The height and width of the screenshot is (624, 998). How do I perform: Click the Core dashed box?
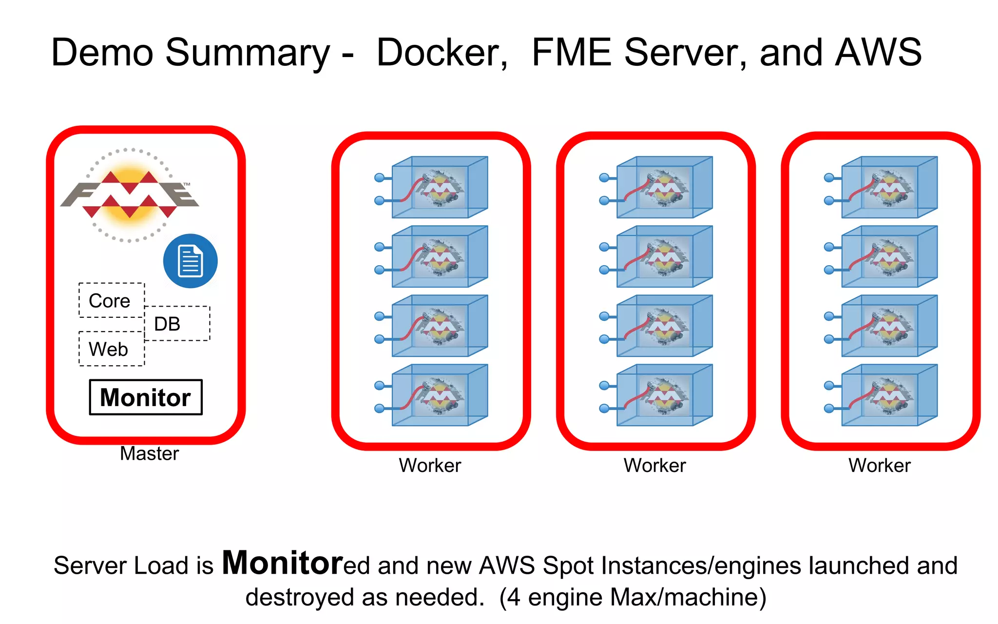pyautogui.click(x=112, y=300)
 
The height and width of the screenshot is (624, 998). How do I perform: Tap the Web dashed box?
pyautogui.click(x=112, y=349)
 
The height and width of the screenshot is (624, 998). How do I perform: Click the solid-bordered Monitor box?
pyautogui.click(x=146, y=397)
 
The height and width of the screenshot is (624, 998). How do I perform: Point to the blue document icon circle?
pyautogui.click(x=190, y=261)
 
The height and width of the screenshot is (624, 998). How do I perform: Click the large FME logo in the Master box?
pyautogui.click(x=130, y=195)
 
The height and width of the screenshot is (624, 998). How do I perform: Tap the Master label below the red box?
pyautogui.click(x=149, y=453)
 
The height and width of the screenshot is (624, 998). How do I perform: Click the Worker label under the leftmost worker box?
pyautogui.click(x=430, y=465)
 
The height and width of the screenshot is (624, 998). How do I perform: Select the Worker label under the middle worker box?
pyautogui.click(x=654, y=465)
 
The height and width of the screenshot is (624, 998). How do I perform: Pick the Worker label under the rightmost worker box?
pyautogui.click(x=879, y=465)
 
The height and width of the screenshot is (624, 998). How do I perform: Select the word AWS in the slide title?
pyautogui.click(x=878, y=53)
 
